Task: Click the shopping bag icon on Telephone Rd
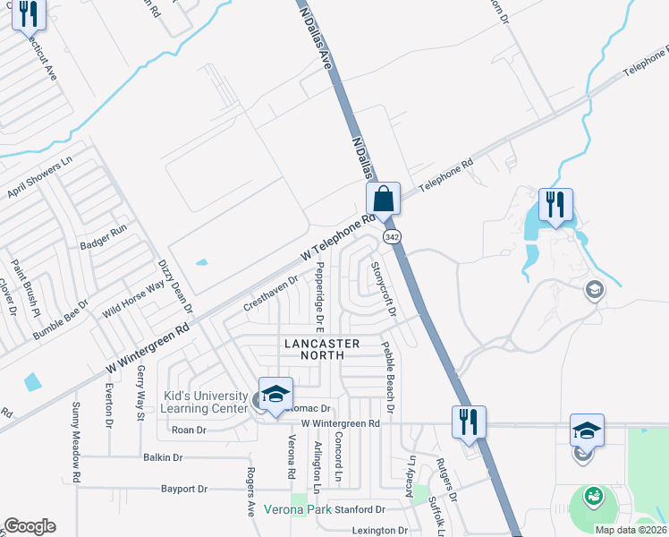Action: click(383, 199)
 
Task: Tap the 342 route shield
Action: click(392, 236)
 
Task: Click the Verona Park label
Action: click(295, 510)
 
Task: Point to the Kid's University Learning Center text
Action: click(205, 402)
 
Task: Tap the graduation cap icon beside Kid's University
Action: click(275, 395)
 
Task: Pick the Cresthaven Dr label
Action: click(270, 294)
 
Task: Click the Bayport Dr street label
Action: click(184, 490)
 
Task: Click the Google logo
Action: click(30, 526)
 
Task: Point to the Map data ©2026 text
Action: click(631, 530)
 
